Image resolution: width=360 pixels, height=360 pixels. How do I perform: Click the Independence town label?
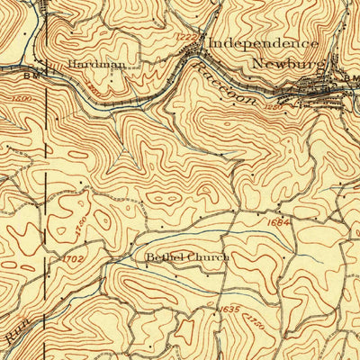[x=264, y=43]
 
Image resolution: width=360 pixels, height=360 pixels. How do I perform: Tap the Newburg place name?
[x=284, y=63]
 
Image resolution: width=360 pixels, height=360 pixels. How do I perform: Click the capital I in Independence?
[x=213, y=43]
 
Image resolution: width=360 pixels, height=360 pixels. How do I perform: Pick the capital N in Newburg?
[x=257, y=63]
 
